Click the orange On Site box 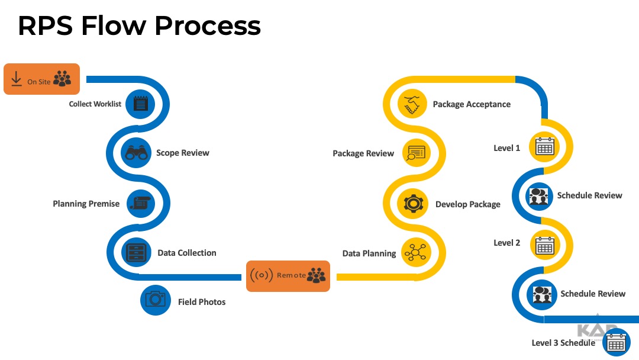41,79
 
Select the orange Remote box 288,276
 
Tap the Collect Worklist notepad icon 140,104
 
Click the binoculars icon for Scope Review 137,153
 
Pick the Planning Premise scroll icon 140,203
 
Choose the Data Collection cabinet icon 137,253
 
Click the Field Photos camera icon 156,300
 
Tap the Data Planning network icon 415,253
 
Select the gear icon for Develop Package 412,204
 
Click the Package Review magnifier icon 416,153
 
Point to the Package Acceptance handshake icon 412,104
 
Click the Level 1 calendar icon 543,146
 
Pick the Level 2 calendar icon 543,245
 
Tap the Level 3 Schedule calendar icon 616,343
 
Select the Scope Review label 183,153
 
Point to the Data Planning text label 369,253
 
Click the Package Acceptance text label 472,104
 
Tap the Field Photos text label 202,302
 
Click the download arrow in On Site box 16,79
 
